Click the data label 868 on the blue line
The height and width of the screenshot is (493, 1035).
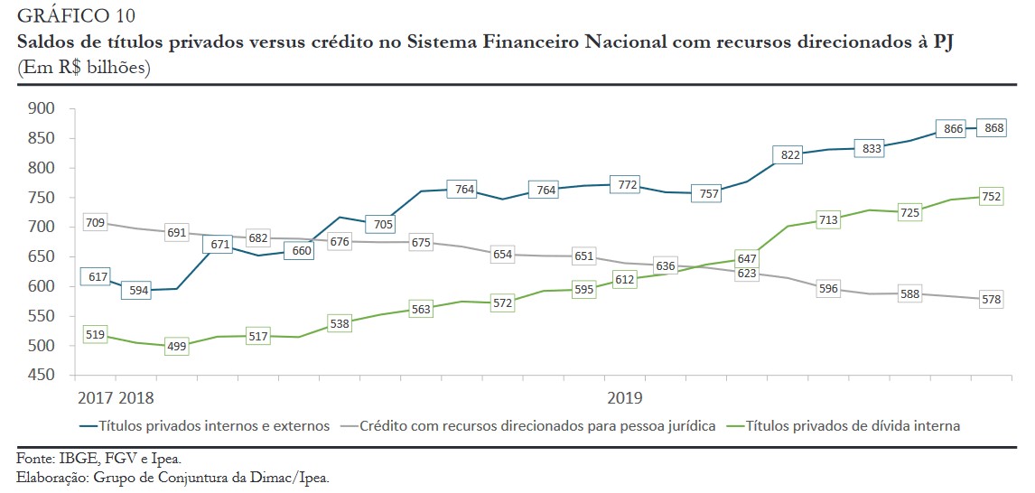coord(994,128)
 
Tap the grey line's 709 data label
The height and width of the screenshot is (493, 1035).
coord(94,222)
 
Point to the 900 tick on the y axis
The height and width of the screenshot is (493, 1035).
coord(43,109)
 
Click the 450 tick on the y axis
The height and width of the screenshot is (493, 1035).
coord(43,375)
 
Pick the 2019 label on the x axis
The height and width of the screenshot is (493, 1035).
coord(624,397)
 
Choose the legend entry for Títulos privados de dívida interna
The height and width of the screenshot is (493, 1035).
coord(853,425)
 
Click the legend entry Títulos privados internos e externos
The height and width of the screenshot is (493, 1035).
coord(213,425)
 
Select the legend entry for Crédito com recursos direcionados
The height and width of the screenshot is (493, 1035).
coord(537,425)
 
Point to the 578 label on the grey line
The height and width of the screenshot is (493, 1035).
coord(992,299)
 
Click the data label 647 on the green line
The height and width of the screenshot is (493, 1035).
coord(746,258)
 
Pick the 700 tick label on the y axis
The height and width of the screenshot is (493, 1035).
coord(43,227)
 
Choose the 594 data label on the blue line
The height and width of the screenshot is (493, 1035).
coord(138,291)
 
